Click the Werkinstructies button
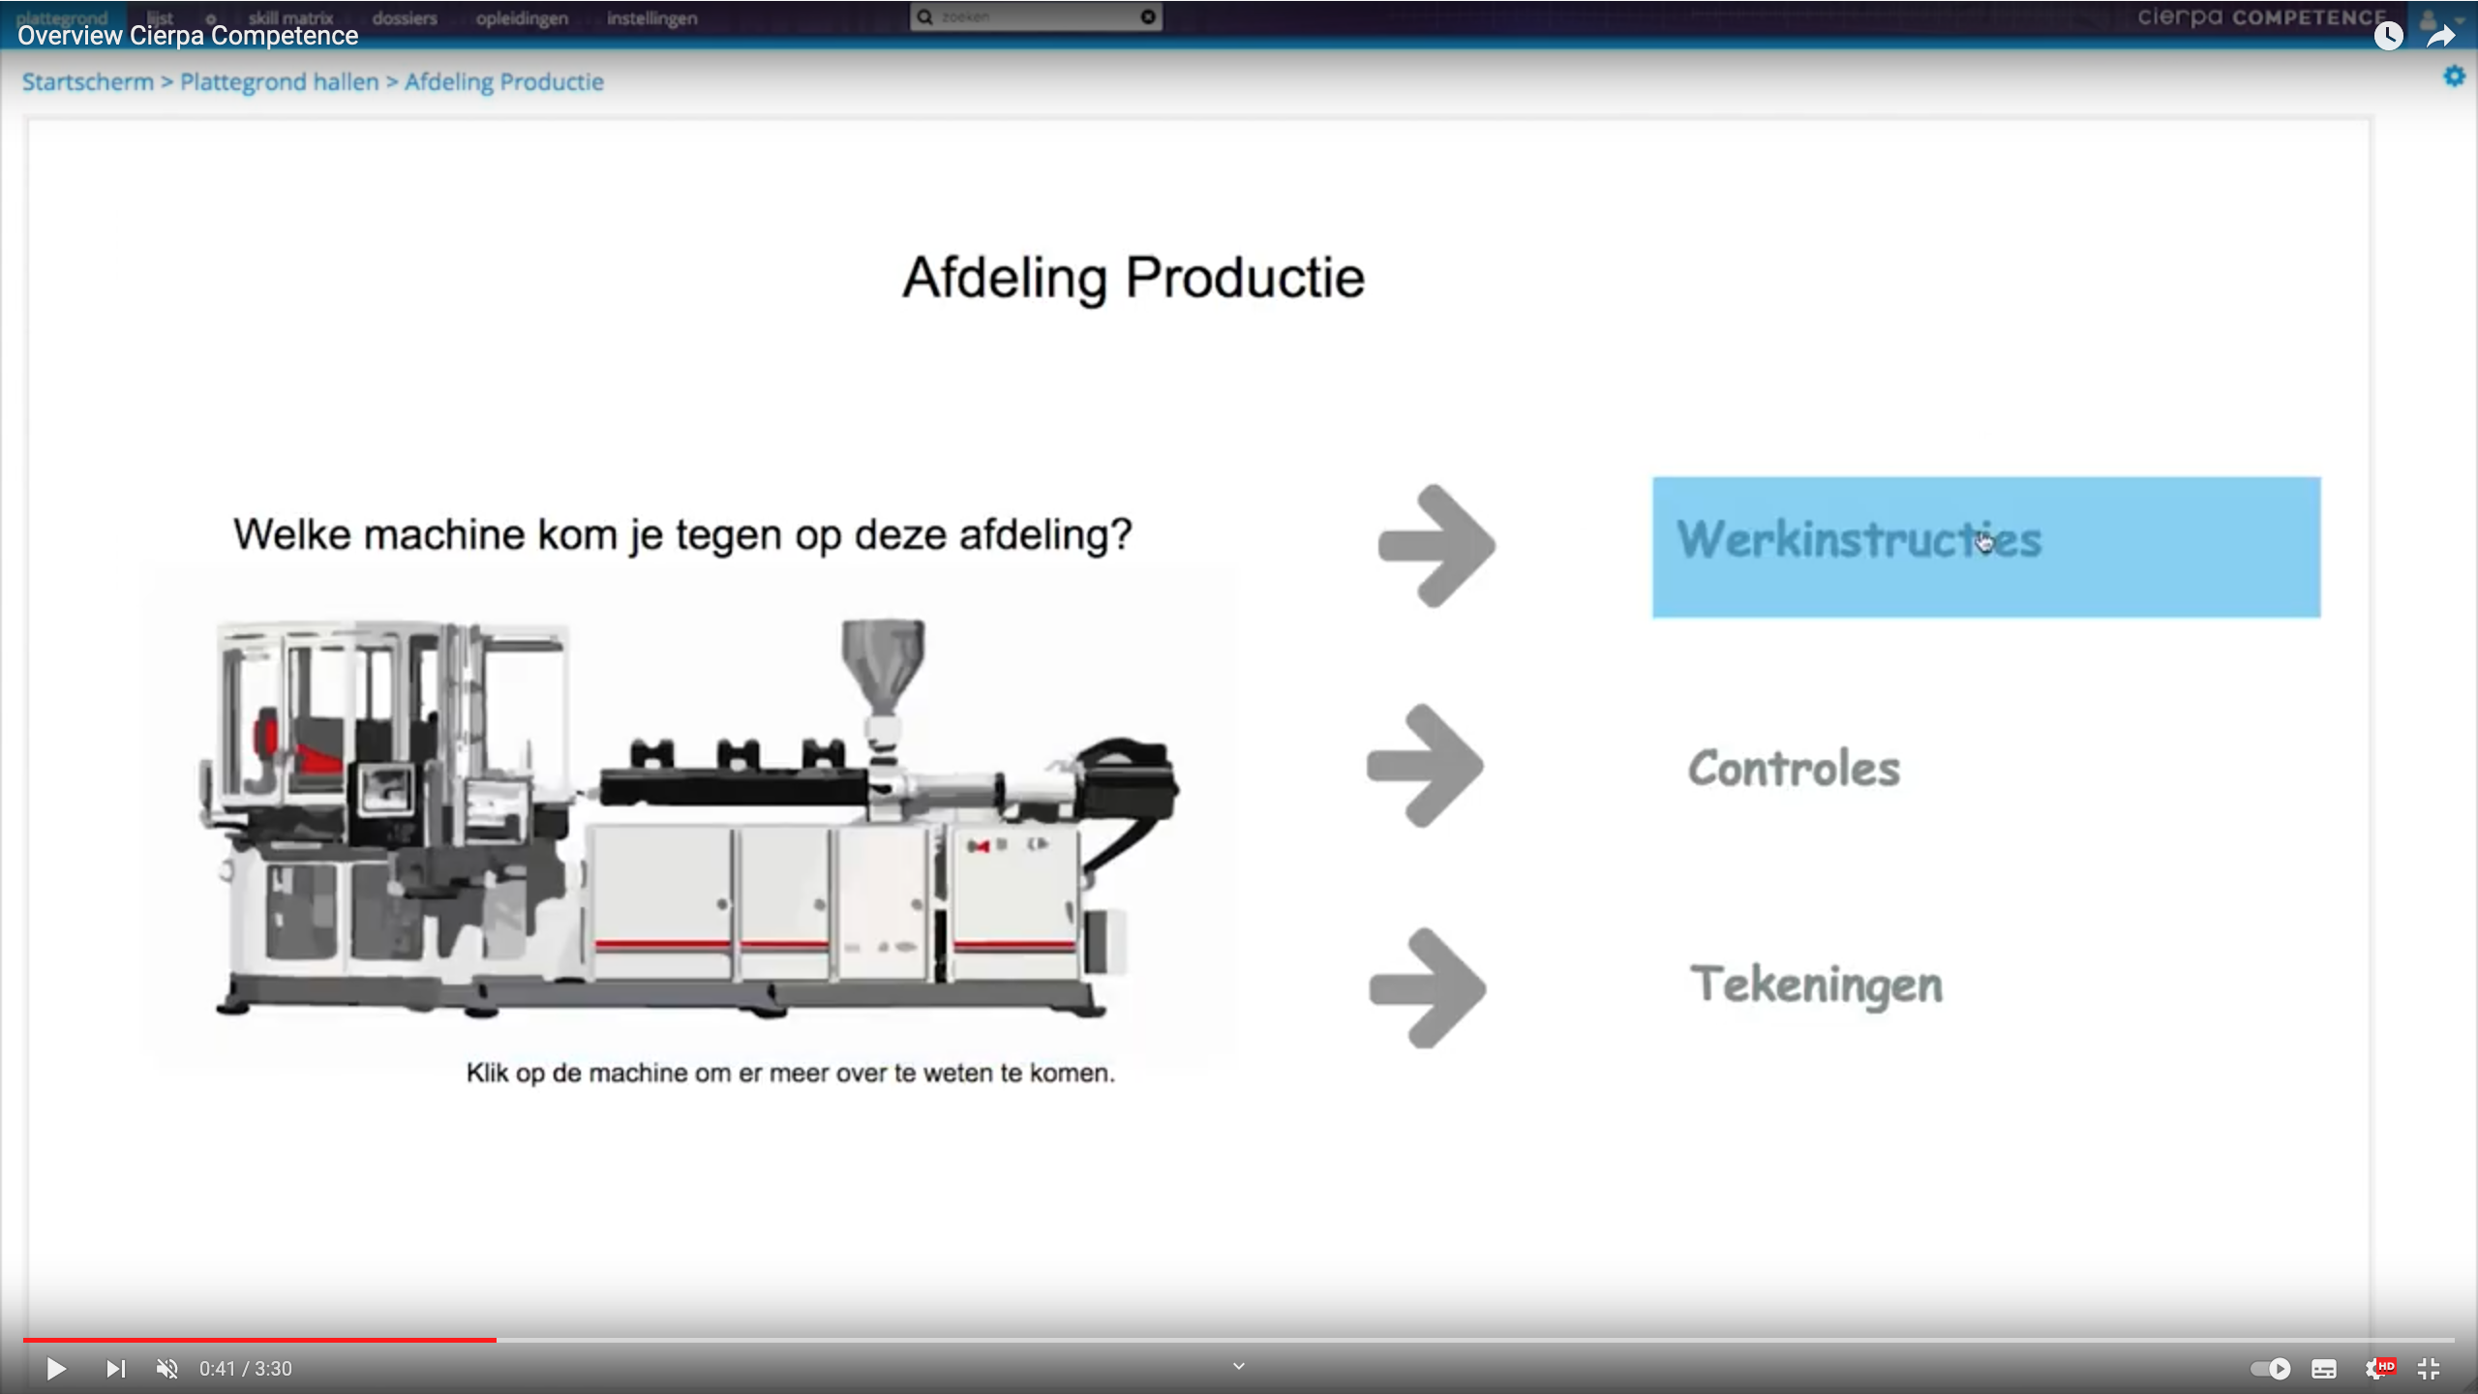coord(1984,547)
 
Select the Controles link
coord(1794,769)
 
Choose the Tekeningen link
coord(1816,985)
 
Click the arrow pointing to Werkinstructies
coord(1437,546)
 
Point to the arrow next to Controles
coord(1426,766)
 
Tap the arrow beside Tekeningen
coord(1428,987)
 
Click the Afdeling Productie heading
coord(1133,278)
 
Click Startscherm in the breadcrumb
coord(88,82)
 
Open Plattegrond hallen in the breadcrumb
coord(279,82)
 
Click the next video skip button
coord(115,1369)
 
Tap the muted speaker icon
coord(167,1369)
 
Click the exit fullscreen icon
coord(2429,1369)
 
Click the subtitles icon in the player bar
coord(2324,1369)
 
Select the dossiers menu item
coord(405,18)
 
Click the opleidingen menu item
coord(522,18)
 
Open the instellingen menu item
coord(651,18)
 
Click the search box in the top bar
coord(1036,17)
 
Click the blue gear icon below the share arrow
coord(2454,76)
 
